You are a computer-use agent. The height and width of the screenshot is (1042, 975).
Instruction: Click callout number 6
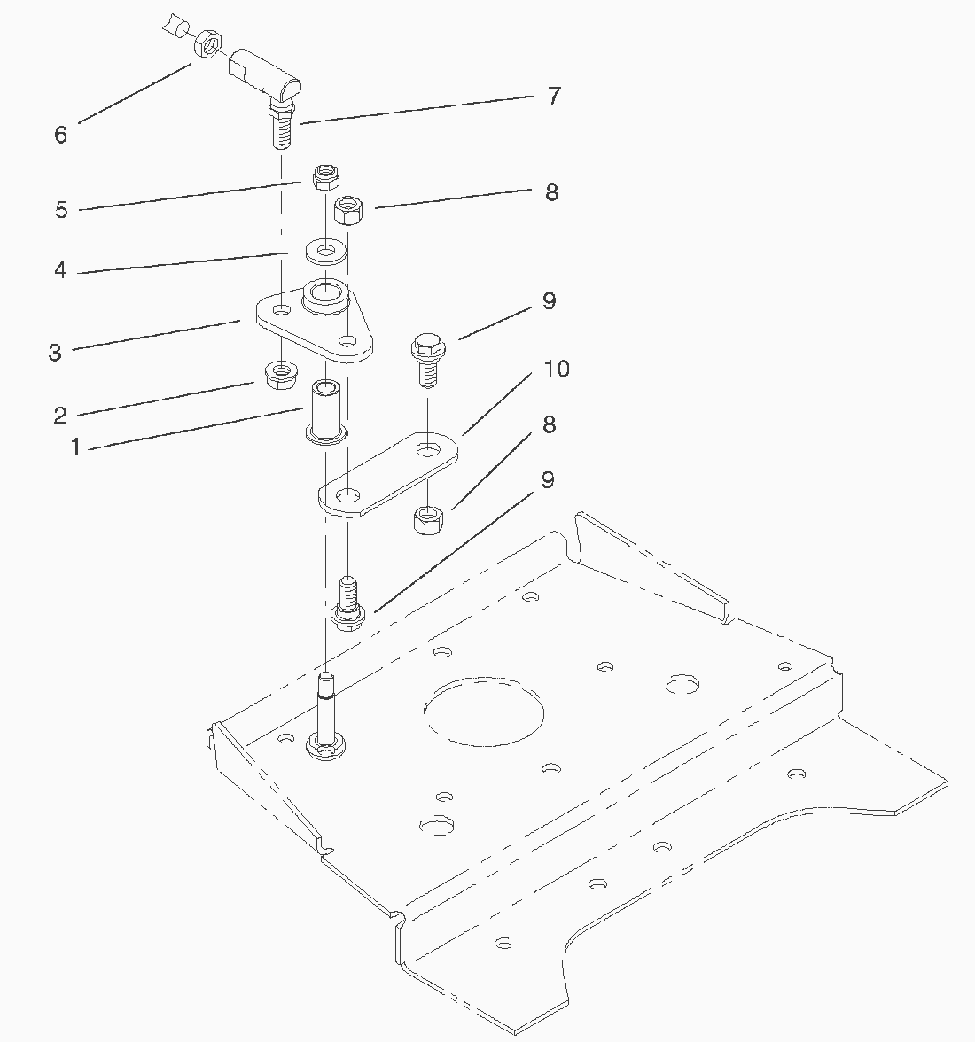pos(60,135)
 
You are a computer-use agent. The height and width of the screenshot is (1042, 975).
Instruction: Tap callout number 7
pos(554,96)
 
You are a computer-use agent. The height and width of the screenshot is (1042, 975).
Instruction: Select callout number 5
pos(61,210)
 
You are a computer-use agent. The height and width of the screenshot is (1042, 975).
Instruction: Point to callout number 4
pos(60,269)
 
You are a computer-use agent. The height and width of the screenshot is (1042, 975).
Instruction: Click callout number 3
pos(55,353)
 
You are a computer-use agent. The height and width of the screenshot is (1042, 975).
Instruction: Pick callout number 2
pos(60,416)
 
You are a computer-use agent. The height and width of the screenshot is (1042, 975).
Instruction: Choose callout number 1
pos(75,447)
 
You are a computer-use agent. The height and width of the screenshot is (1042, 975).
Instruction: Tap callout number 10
pos(557,369)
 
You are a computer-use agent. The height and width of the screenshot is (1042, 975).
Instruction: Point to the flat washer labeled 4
pos(325,252)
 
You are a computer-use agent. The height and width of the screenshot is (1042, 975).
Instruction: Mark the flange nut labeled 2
pos(282,375)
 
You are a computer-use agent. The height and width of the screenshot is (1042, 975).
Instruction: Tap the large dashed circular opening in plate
pos(484,712)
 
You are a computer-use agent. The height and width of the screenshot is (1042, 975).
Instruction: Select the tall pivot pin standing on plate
pos(325,716)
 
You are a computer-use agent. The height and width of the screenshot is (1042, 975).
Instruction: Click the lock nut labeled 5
pos(326,177)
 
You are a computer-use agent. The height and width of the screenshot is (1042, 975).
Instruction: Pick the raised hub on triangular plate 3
pos(325,296)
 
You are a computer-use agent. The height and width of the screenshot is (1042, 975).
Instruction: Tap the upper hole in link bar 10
pos(427,449)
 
